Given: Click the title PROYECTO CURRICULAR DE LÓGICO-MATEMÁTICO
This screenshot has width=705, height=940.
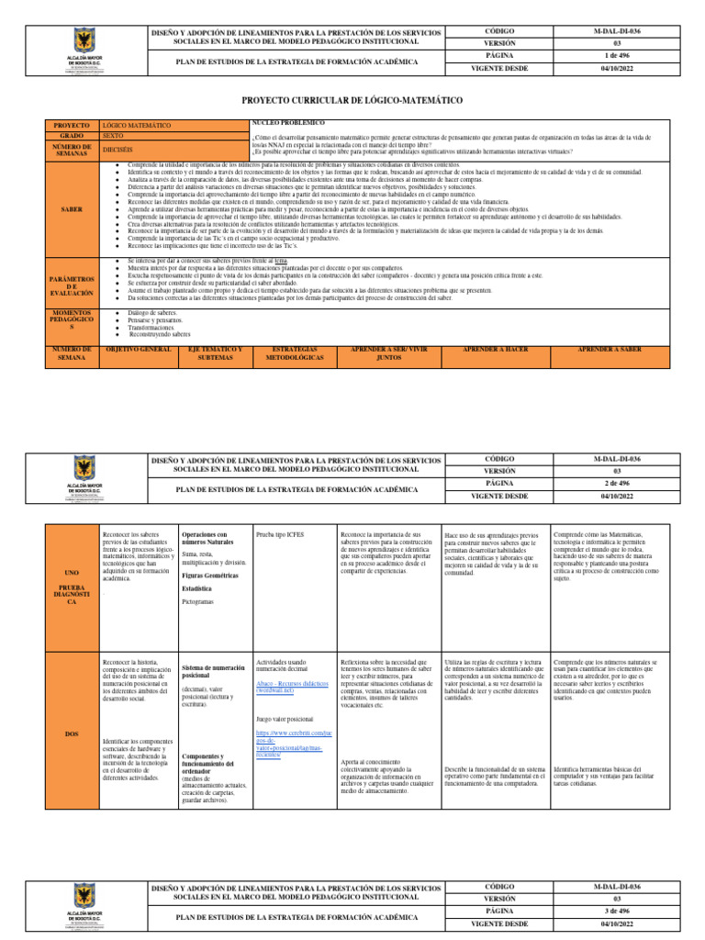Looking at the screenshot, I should click(352, 98).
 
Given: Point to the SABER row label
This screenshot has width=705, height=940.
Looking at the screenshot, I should click(71, 209).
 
